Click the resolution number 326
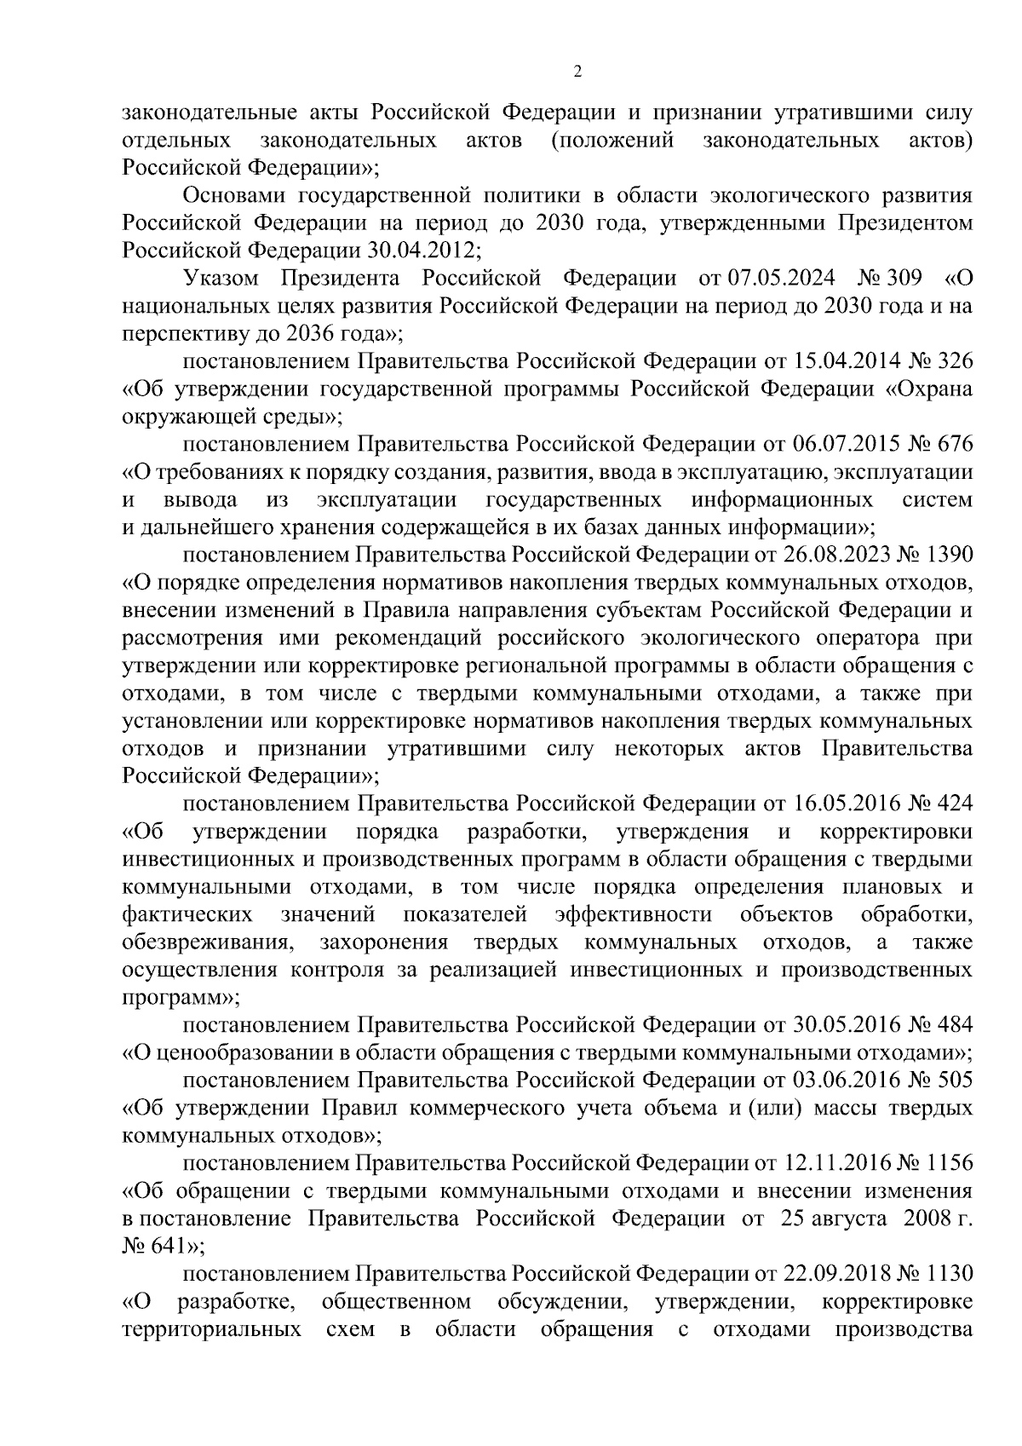point(954,361)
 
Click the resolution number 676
point(954,445)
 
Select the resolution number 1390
point(946,556)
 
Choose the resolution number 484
point(954,1025)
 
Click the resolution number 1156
point(946,1163)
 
